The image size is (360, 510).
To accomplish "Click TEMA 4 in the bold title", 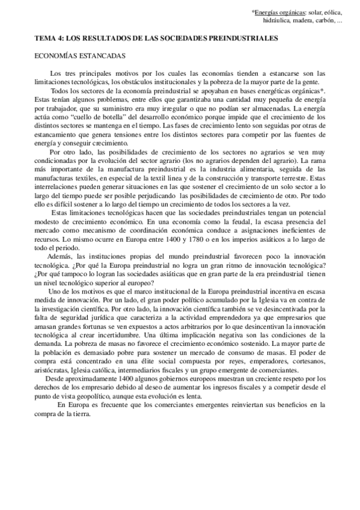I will coord(48,38).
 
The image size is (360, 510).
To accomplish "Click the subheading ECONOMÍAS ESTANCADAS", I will coord(79,55).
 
